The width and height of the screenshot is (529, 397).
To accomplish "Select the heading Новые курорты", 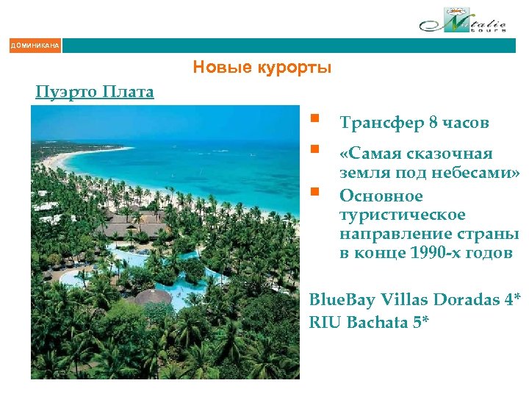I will click(262, 68).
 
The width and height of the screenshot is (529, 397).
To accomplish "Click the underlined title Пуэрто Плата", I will click(95, 92).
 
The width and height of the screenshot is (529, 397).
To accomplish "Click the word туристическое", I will click(402, 215).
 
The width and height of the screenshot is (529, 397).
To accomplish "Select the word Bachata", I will click(376, 322).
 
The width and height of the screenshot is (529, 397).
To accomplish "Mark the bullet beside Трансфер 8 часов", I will click(314, 118).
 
